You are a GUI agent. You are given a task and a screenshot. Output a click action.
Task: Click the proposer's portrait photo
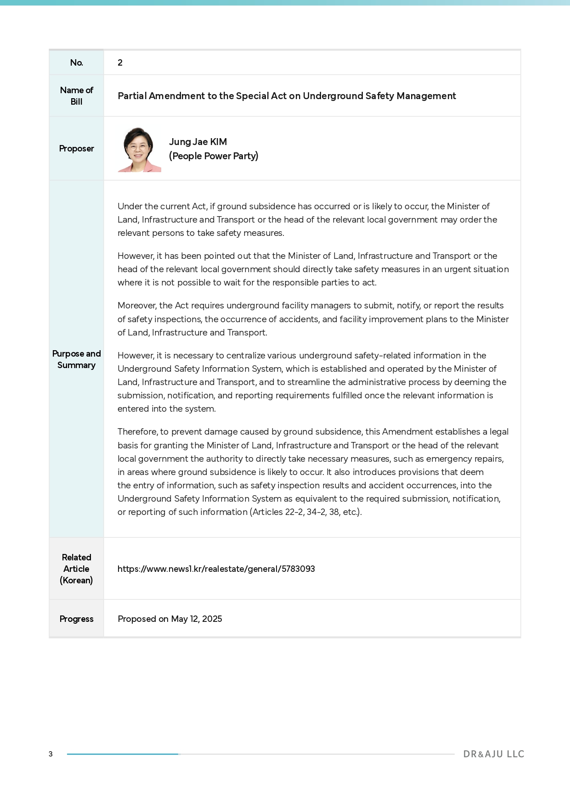[x=139, y=150]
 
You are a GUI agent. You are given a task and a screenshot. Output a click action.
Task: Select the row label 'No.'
[x=76, y=63]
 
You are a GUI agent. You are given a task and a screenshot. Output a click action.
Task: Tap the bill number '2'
[x=120, y=63]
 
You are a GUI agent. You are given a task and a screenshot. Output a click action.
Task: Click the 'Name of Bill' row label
[x=76, y=96]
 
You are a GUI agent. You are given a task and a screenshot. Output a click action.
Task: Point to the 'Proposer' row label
[x=76, y=149]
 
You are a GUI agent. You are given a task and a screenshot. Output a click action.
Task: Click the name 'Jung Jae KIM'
[x=198, y=142]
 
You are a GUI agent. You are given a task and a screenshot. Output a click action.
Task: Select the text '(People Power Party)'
[x=214, y=156]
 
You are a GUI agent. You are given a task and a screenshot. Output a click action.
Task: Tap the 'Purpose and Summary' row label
[x=76, y=359]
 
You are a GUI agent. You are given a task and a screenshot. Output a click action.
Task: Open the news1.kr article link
[x=216, y=569]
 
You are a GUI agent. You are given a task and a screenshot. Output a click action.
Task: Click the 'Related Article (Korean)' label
[x=76, y=569]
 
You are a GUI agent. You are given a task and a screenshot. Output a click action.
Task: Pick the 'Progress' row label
[x=76, y=619]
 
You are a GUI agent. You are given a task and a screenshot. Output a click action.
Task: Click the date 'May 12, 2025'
[x=197, y=619]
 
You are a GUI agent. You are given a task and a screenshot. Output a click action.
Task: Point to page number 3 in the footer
[x=51, y=754]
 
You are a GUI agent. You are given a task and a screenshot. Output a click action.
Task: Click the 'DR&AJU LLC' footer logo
[x=494, y=754]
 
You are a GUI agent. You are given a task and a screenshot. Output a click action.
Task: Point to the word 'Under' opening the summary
[x=130, y=207]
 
